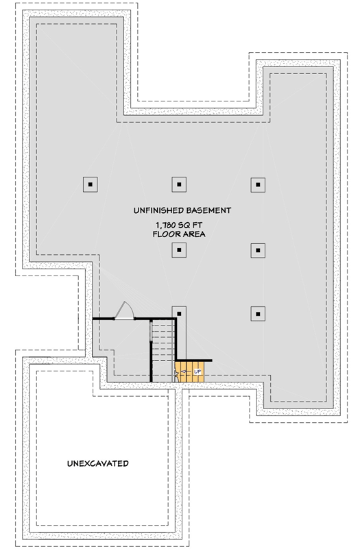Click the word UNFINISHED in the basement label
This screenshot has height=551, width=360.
pyautogui.click(x=159, y=210)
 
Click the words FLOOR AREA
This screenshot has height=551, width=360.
pyautogui.click(x=179, y=234)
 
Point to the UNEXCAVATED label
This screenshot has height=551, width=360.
pyautogui.click(x=98, y=464)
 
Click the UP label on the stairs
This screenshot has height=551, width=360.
pyautogui.click(x=197, y=372)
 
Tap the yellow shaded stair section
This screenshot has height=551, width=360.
pyautogui.click(x=191, y=371)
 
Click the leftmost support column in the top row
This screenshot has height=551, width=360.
pyautogui.click(x=91, y=184)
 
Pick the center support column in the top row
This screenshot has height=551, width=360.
pyautogui.click(x=178, y=184)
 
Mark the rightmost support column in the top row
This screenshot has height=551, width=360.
pyautogui.click(x=257, y=184)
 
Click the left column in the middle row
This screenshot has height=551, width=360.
pyautogui.click(x=178, y=250)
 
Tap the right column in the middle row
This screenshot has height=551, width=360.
pyautogui.click(x=257, y=250)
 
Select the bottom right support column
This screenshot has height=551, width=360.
pyautogui.click(x=257, y=314)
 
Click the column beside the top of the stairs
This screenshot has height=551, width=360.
pyautogui.click(x=178, y=314)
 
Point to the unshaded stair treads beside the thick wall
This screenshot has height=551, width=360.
pyautogui.click(x=162, y=350)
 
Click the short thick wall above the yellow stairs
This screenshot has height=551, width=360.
pyautogui.click(x=194, y=360)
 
